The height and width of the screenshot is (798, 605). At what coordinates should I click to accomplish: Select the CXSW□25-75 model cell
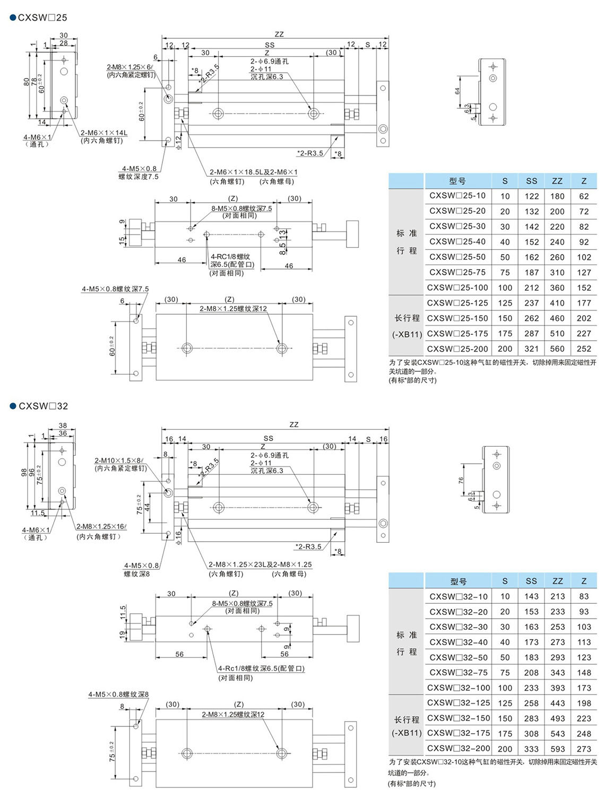coord(457,272)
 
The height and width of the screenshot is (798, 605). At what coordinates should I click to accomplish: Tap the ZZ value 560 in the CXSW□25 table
coord(557,349)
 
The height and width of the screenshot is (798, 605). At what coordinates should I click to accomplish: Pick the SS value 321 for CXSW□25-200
coord(531,349)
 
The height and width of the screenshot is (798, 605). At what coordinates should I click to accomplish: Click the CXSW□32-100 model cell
coord(458,688)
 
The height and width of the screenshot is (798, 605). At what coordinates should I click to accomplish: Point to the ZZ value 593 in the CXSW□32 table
coord(558,749)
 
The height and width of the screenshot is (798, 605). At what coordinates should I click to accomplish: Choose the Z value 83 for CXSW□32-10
coord(584,596)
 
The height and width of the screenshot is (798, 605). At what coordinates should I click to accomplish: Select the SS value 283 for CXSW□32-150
coord(531,718)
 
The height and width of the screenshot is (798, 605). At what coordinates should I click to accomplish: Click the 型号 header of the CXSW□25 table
coord(457,181)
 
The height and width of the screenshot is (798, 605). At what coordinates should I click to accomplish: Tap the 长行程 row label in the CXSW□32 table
coord(407,720)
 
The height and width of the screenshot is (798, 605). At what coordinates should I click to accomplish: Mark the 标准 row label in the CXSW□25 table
coord(407,233)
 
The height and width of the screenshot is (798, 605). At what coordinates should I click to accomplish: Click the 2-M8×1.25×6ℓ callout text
coord(130,67)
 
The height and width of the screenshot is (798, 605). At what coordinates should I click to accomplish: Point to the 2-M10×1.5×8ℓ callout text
coord(119,461)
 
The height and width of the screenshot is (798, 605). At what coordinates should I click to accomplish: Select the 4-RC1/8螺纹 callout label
coord(230,257)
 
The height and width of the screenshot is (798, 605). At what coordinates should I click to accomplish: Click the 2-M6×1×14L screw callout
coord(104,133)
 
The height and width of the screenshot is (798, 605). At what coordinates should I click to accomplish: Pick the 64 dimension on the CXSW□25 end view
coord(457,91)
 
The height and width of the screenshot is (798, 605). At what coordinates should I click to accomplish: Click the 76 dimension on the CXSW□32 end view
coord(461,480)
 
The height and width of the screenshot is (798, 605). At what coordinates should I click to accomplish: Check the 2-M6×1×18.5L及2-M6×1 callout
coord(253,172)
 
